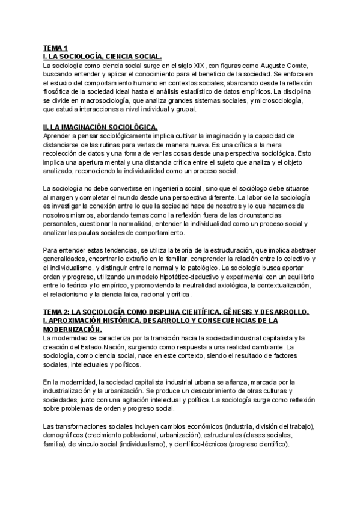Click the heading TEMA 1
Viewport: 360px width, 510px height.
(x=55, y=48)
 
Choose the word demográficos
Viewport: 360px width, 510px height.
(x=66, y=436)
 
